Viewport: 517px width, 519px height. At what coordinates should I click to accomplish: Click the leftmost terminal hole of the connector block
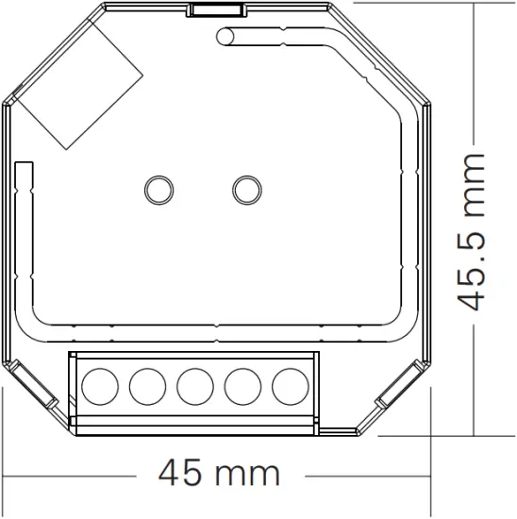100,385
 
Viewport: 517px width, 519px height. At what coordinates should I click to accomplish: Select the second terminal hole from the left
147,385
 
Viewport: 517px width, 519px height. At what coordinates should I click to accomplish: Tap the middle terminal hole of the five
194,385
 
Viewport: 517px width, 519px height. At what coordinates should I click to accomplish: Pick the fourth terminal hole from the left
242,385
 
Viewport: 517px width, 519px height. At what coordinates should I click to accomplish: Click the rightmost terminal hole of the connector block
290,385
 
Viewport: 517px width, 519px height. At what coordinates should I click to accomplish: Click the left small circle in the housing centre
157,188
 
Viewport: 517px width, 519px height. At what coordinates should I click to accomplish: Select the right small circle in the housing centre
246,188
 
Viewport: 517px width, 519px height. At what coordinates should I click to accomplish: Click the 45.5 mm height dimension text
471,230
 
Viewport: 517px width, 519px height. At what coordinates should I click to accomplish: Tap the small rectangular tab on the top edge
216,9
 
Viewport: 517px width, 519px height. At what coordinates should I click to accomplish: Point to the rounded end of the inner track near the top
225,38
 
